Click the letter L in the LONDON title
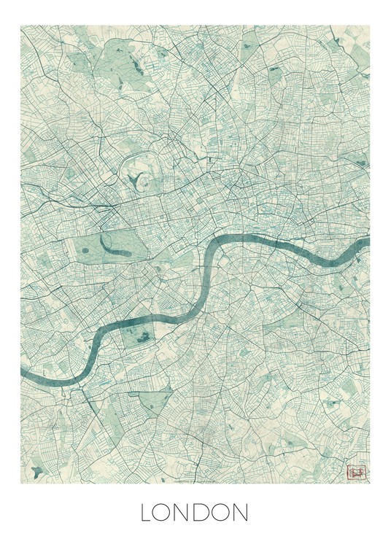click(x=148, y=513)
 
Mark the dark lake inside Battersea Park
click(x=142, y=335)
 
